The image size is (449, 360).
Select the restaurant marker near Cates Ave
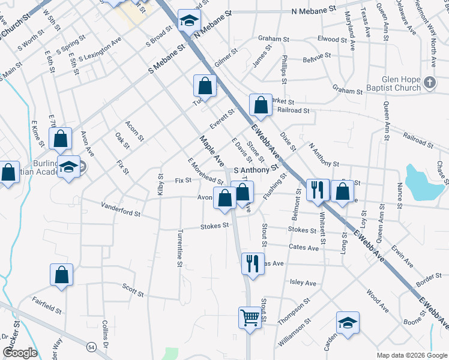click(252, 263)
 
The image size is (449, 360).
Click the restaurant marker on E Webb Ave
click(316, 190)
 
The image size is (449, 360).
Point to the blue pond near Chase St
click(420, 181)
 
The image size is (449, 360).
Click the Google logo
click(20, 353)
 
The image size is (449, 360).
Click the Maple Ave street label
click(211, 152)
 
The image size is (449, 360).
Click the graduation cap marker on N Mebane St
click(188, 22)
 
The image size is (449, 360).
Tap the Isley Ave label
click(303, 283)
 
